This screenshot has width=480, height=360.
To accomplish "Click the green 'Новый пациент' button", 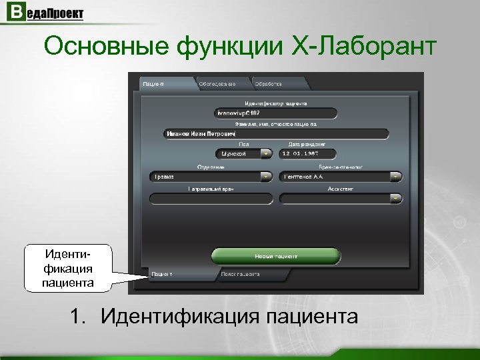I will [275, 256].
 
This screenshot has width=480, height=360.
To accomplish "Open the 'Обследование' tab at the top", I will [222, 84].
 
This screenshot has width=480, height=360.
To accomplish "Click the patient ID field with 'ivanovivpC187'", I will [275, 114].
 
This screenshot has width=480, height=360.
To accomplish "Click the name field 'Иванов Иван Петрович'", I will [275, 134].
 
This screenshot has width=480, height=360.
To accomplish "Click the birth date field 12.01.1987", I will [307, 153].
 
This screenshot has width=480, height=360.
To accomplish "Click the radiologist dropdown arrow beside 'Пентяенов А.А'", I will [396, 177].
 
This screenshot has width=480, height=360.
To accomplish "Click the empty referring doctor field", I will [211, 198].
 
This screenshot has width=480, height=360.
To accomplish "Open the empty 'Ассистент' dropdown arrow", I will [396, 198].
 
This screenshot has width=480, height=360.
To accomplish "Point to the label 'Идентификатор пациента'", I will [275, 104].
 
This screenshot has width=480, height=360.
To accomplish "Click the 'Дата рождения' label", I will [307, 144].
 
